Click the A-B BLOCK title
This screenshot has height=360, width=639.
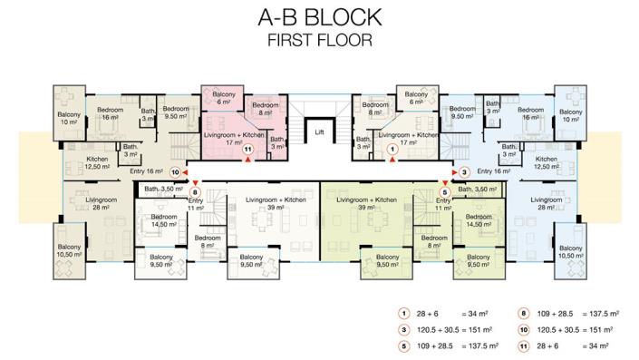click(319, 17)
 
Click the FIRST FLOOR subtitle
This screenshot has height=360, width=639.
click(319, 40)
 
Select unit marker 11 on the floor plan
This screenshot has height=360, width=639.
click(247, 151)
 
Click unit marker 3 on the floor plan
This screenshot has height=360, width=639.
click(463, 171)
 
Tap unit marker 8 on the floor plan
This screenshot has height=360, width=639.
click(195, 191)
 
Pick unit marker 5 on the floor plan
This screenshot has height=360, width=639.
click(444, 191)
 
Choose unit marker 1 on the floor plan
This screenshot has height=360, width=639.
click(392, 150)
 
